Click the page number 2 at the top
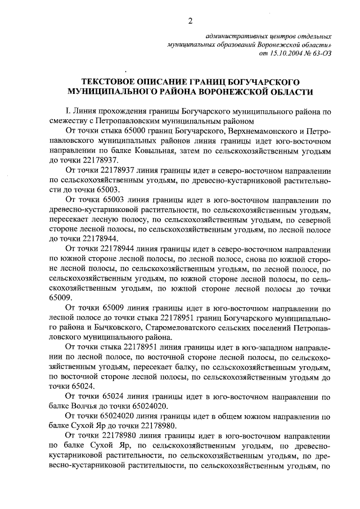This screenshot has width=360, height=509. point(190,21)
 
